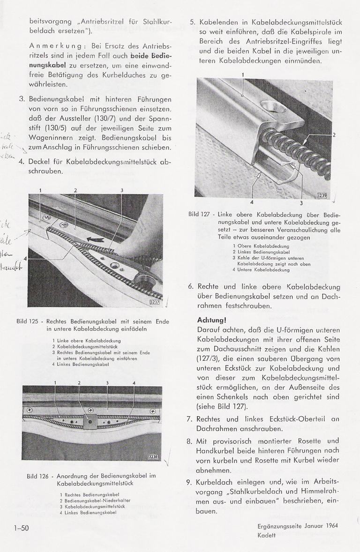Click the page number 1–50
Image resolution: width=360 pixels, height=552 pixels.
tap(22, 528)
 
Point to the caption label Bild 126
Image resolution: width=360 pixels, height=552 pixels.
tap(38, 476)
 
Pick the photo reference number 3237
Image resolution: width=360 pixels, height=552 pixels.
tap(154, 302)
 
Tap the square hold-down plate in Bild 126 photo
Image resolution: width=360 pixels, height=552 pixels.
tap(89, 421)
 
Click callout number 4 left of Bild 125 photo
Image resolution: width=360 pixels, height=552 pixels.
tap(26, 259)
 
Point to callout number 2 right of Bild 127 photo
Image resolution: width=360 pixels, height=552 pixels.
tap(334, 135)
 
